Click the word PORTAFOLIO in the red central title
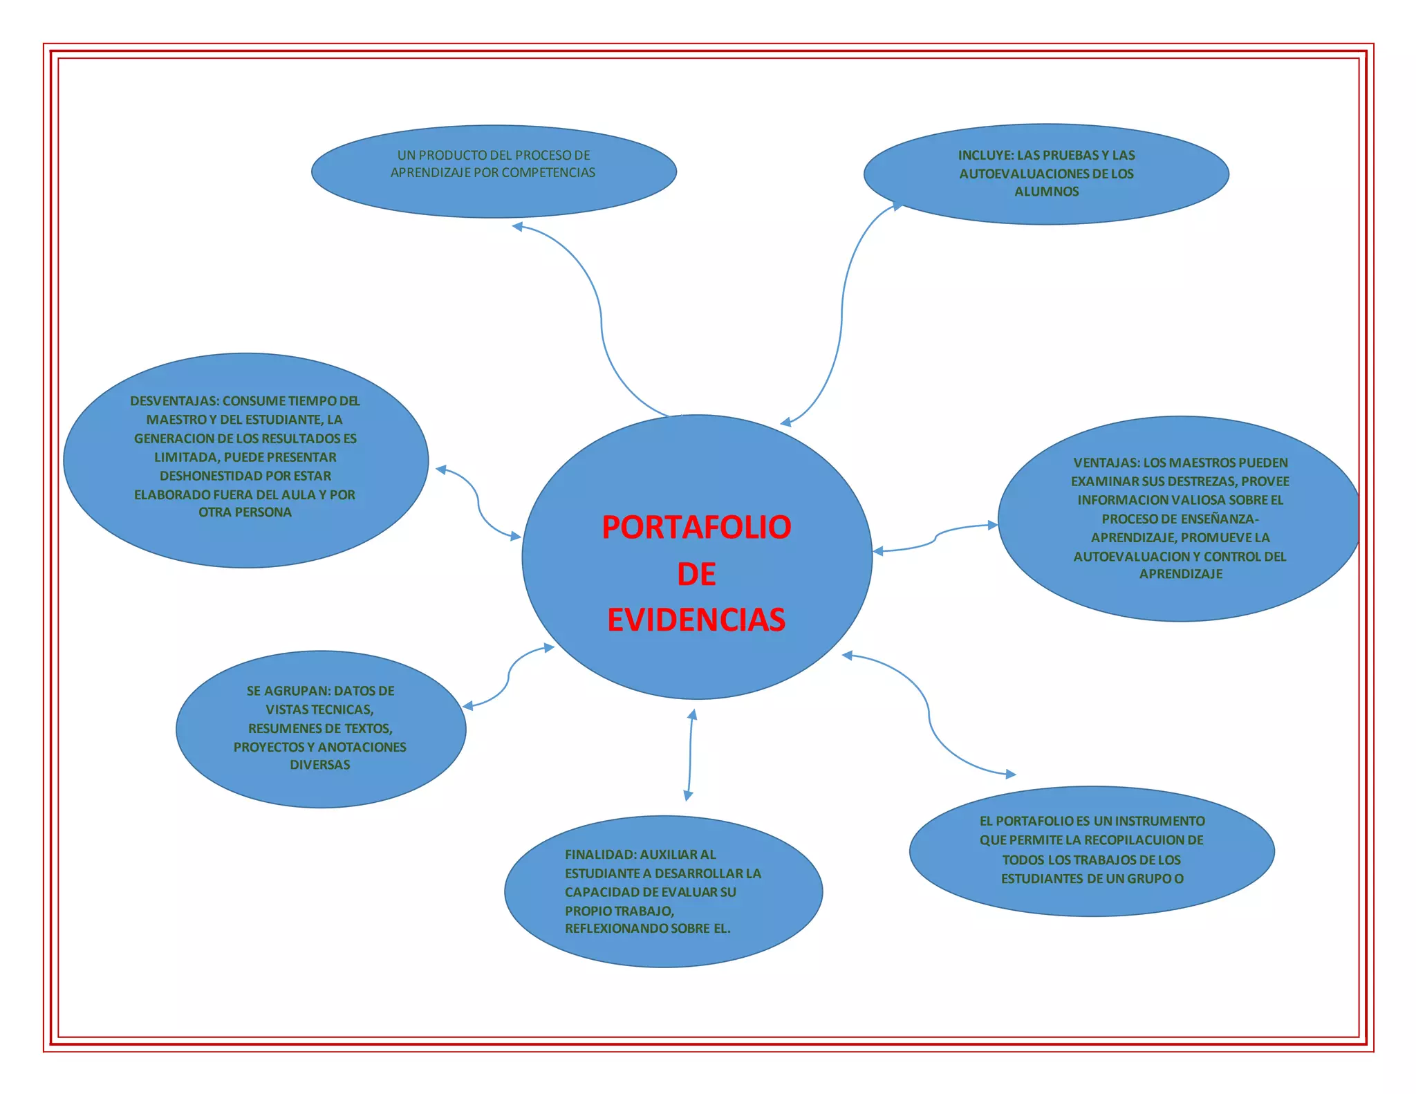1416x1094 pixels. tap(696, 527)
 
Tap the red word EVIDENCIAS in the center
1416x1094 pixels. tap(696, 620)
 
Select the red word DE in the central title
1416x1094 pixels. tap(696, 574)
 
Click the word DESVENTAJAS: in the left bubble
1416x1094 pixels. tap(174, 401)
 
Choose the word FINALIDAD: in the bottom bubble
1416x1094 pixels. tap(600, 855)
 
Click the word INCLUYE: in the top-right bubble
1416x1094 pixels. tap(985, 156)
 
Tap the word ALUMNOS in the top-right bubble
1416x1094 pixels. tap(1046, 192)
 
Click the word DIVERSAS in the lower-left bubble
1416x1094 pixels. tap(319, 765)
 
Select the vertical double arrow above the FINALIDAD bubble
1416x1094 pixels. tap(690, 755)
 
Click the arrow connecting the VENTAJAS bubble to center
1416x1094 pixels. tap(935, 538)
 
